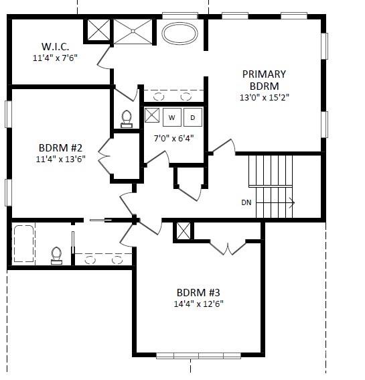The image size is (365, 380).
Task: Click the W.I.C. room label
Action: pyautogui.click(x=55, y=46)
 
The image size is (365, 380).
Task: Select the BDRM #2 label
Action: pyautogui.click(x=60, y=148)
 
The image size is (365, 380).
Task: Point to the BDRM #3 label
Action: pyautogui.click(x=198, y=292)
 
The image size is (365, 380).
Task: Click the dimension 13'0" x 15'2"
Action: pyautogui.click(x=264, y=97)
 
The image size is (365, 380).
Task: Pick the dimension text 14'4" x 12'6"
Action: pyautogui.click(x=198, y=304)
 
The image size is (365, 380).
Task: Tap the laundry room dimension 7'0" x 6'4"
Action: pyautogui.click(x=173, y=139)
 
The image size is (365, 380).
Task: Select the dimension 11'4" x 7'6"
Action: pyautogui.click(x=55, y=58)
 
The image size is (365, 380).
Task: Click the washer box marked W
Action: pyautogui.click(x=172, y=117)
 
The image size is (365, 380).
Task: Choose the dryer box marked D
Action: pyautogui.click(x=193, y=117)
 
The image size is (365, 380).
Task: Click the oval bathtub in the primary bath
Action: pyautogui.click(x=180, y=34)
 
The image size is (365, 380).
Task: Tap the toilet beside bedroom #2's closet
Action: pyautogui.click(x=127, y=119)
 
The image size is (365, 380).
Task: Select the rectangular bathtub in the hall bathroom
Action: pyautogui.click(x=24, y=245)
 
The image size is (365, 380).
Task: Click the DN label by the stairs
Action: pyautogui.click(x=247, y=202)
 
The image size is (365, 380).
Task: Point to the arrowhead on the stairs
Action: pyautogui.click(x=291, y=202)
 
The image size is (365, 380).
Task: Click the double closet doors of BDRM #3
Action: pyautogui.click(x=228, y=247)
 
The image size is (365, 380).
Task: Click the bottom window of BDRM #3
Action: pyautogui.click(x=198, y=355)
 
